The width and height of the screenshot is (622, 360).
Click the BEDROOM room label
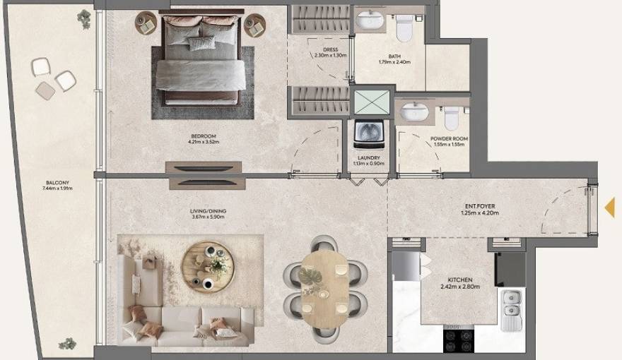pos(203,136)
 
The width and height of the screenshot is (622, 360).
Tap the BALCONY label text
pos(58,182)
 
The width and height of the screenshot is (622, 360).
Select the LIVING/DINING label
pos(208,211)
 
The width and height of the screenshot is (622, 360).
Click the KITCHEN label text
pos(460,280)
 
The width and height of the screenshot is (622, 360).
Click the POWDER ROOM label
pos(449,139)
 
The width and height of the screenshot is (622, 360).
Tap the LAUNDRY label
pos(369,158)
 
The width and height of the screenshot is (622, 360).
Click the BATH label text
pos(394,56)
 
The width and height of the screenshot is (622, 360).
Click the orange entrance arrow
pos(609,207)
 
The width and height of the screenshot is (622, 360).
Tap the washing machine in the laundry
pos(368,133)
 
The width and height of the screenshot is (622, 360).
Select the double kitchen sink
pos(510,311)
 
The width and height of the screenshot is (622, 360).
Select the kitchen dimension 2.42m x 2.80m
pos(460,287)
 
